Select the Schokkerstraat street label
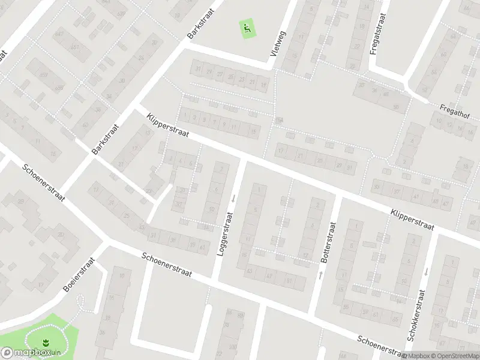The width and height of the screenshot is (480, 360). [x=416, y=316]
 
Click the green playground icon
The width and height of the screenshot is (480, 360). [x=247, y=28]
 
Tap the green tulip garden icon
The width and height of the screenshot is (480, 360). [x=44, y=342]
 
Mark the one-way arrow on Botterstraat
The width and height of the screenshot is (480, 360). [x=320, y=275]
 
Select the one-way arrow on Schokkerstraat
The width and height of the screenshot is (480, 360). [x=425, y=271]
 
